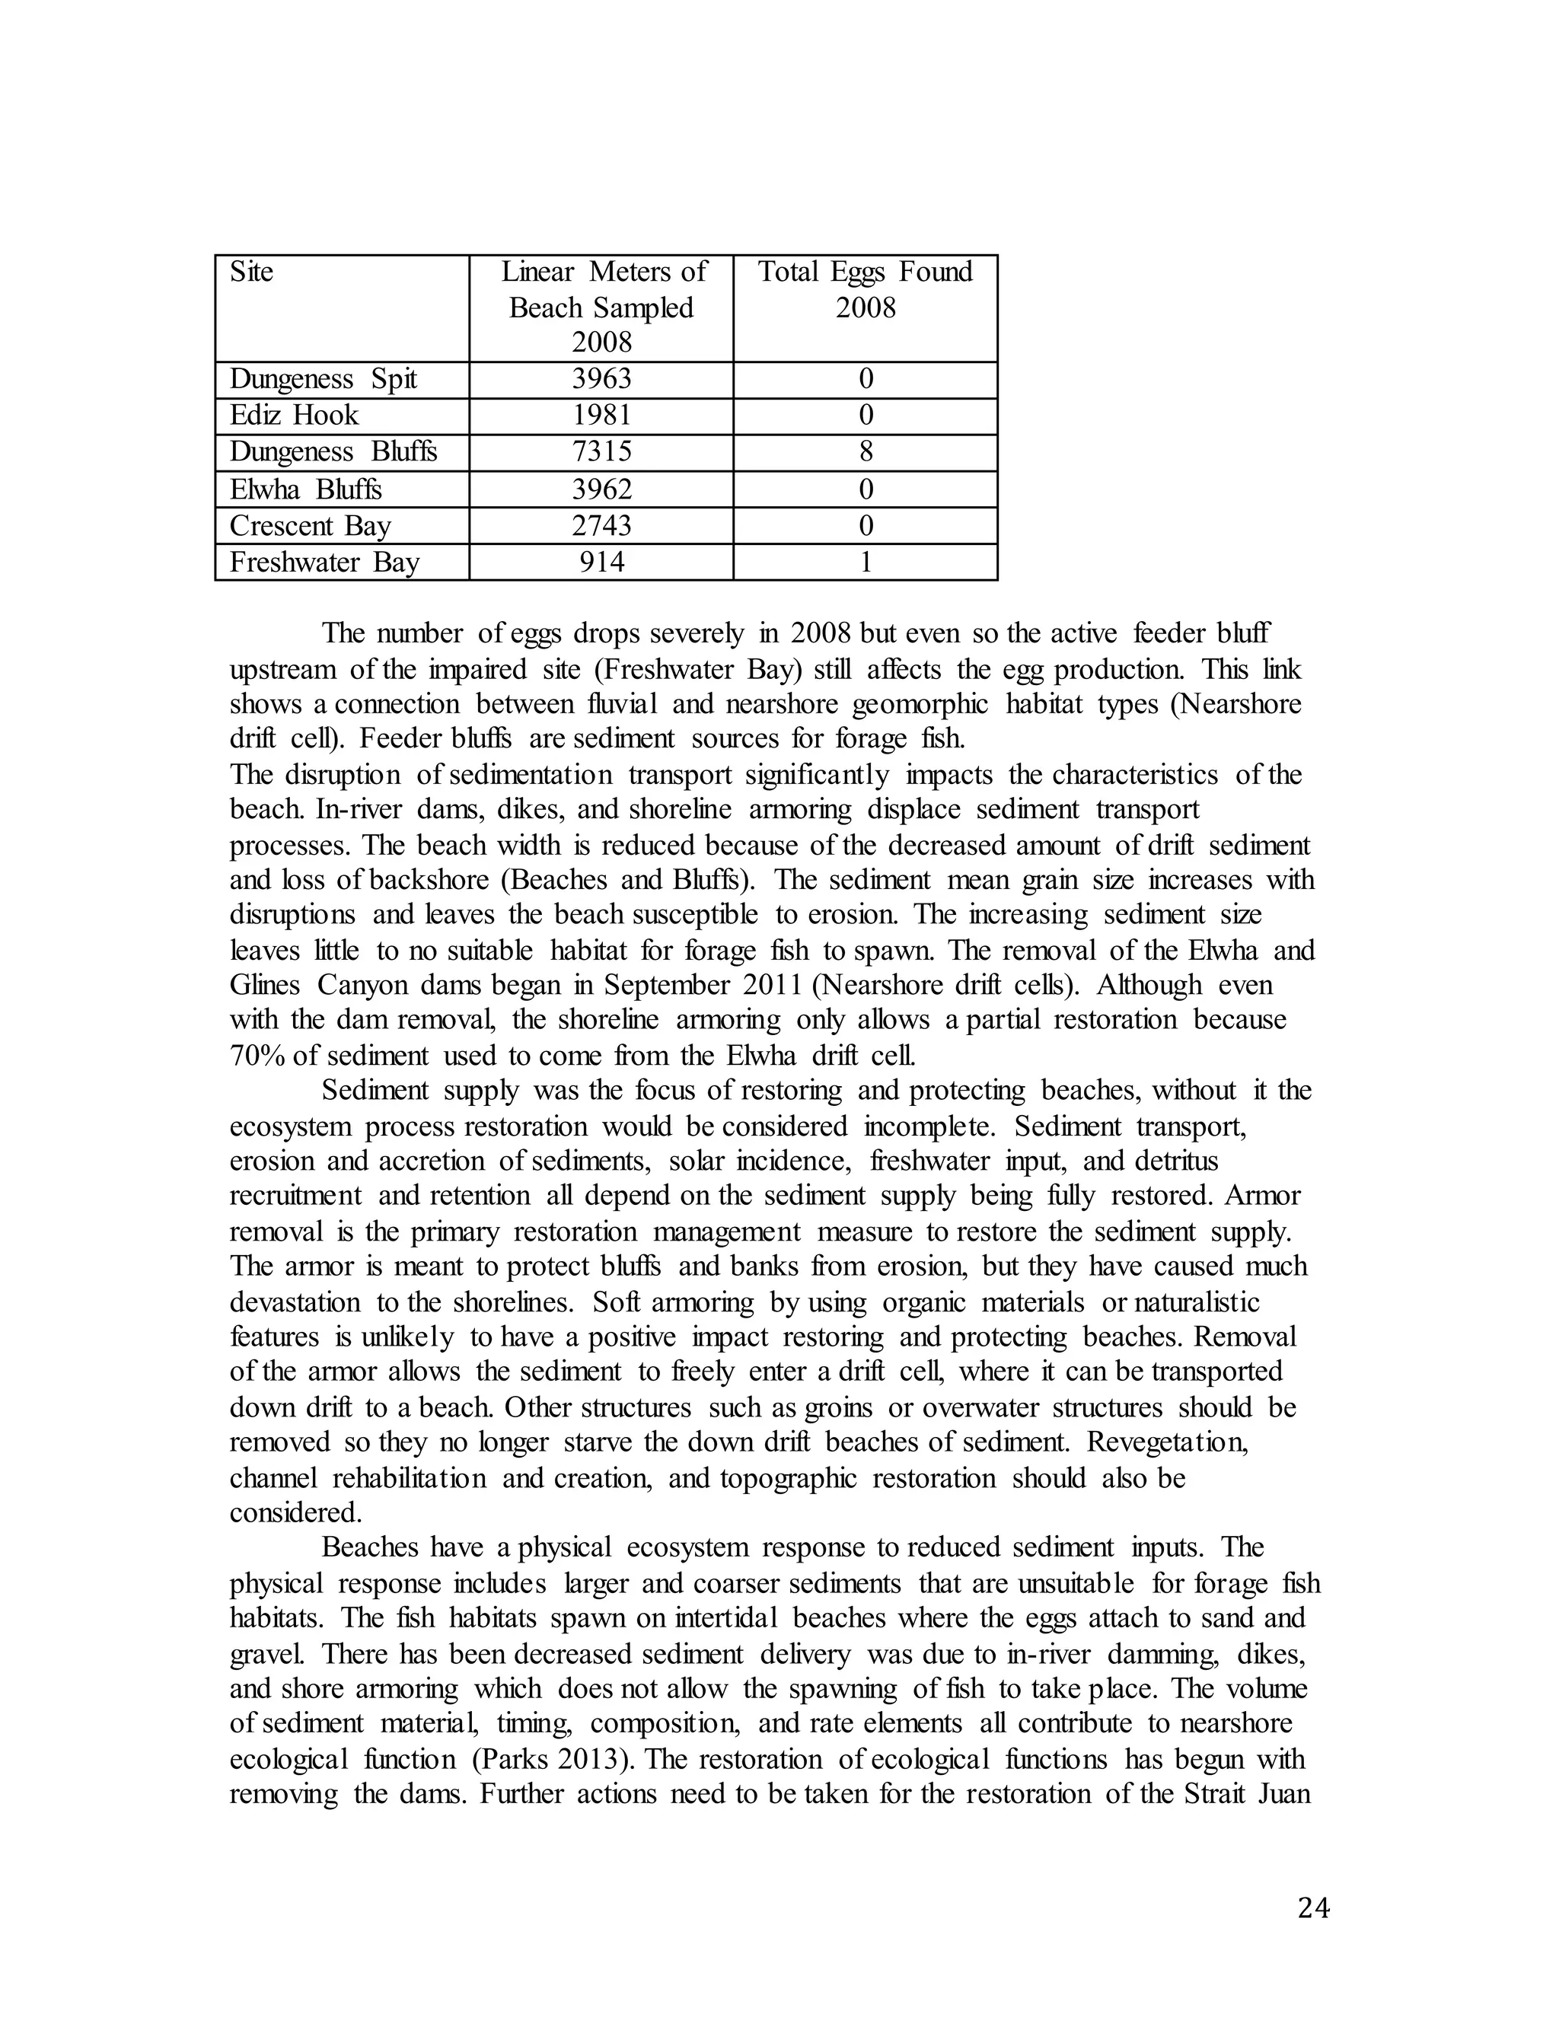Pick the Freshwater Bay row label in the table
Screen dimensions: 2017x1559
pos(324,562)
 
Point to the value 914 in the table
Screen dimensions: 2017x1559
pos(601,562)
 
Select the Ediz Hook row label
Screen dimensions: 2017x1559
pos(294,416)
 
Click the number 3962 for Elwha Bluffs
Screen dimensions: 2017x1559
pos(601,489)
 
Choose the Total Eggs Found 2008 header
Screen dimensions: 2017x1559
pos(866,289)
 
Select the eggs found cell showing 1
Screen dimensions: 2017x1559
pos(866,562)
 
